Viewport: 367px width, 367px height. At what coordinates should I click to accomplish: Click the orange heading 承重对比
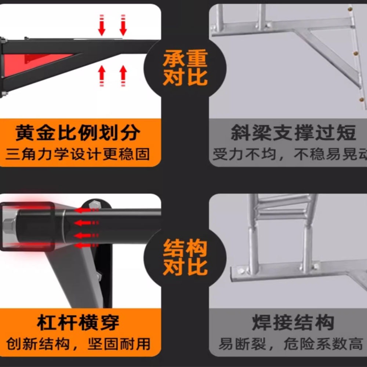pos(185,68)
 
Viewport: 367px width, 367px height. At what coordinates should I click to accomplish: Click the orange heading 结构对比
pos(185,257)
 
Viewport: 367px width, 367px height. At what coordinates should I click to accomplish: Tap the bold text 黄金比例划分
pos(78,133)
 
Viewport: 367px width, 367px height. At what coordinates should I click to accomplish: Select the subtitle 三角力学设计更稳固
pos(77,154)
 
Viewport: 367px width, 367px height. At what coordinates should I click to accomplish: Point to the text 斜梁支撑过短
pos(294,133)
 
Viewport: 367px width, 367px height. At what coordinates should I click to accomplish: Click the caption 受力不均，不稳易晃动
pos(290,154)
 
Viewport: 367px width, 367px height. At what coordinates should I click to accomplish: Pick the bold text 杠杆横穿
pos(78,323)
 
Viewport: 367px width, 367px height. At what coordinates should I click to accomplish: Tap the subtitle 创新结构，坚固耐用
pos(78,344)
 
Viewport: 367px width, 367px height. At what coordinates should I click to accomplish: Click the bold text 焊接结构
pos(293,323)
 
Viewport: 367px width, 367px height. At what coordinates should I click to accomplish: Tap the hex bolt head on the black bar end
pos(9,226)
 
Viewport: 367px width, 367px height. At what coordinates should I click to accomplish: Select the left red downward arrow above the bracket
pos(102,25)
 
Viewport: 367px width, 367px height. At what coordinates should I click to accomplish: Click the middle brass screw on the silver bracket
pos(356,54)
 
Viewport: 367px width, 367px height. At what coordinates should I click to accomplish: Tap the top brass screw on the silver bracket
pos(350,9)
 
